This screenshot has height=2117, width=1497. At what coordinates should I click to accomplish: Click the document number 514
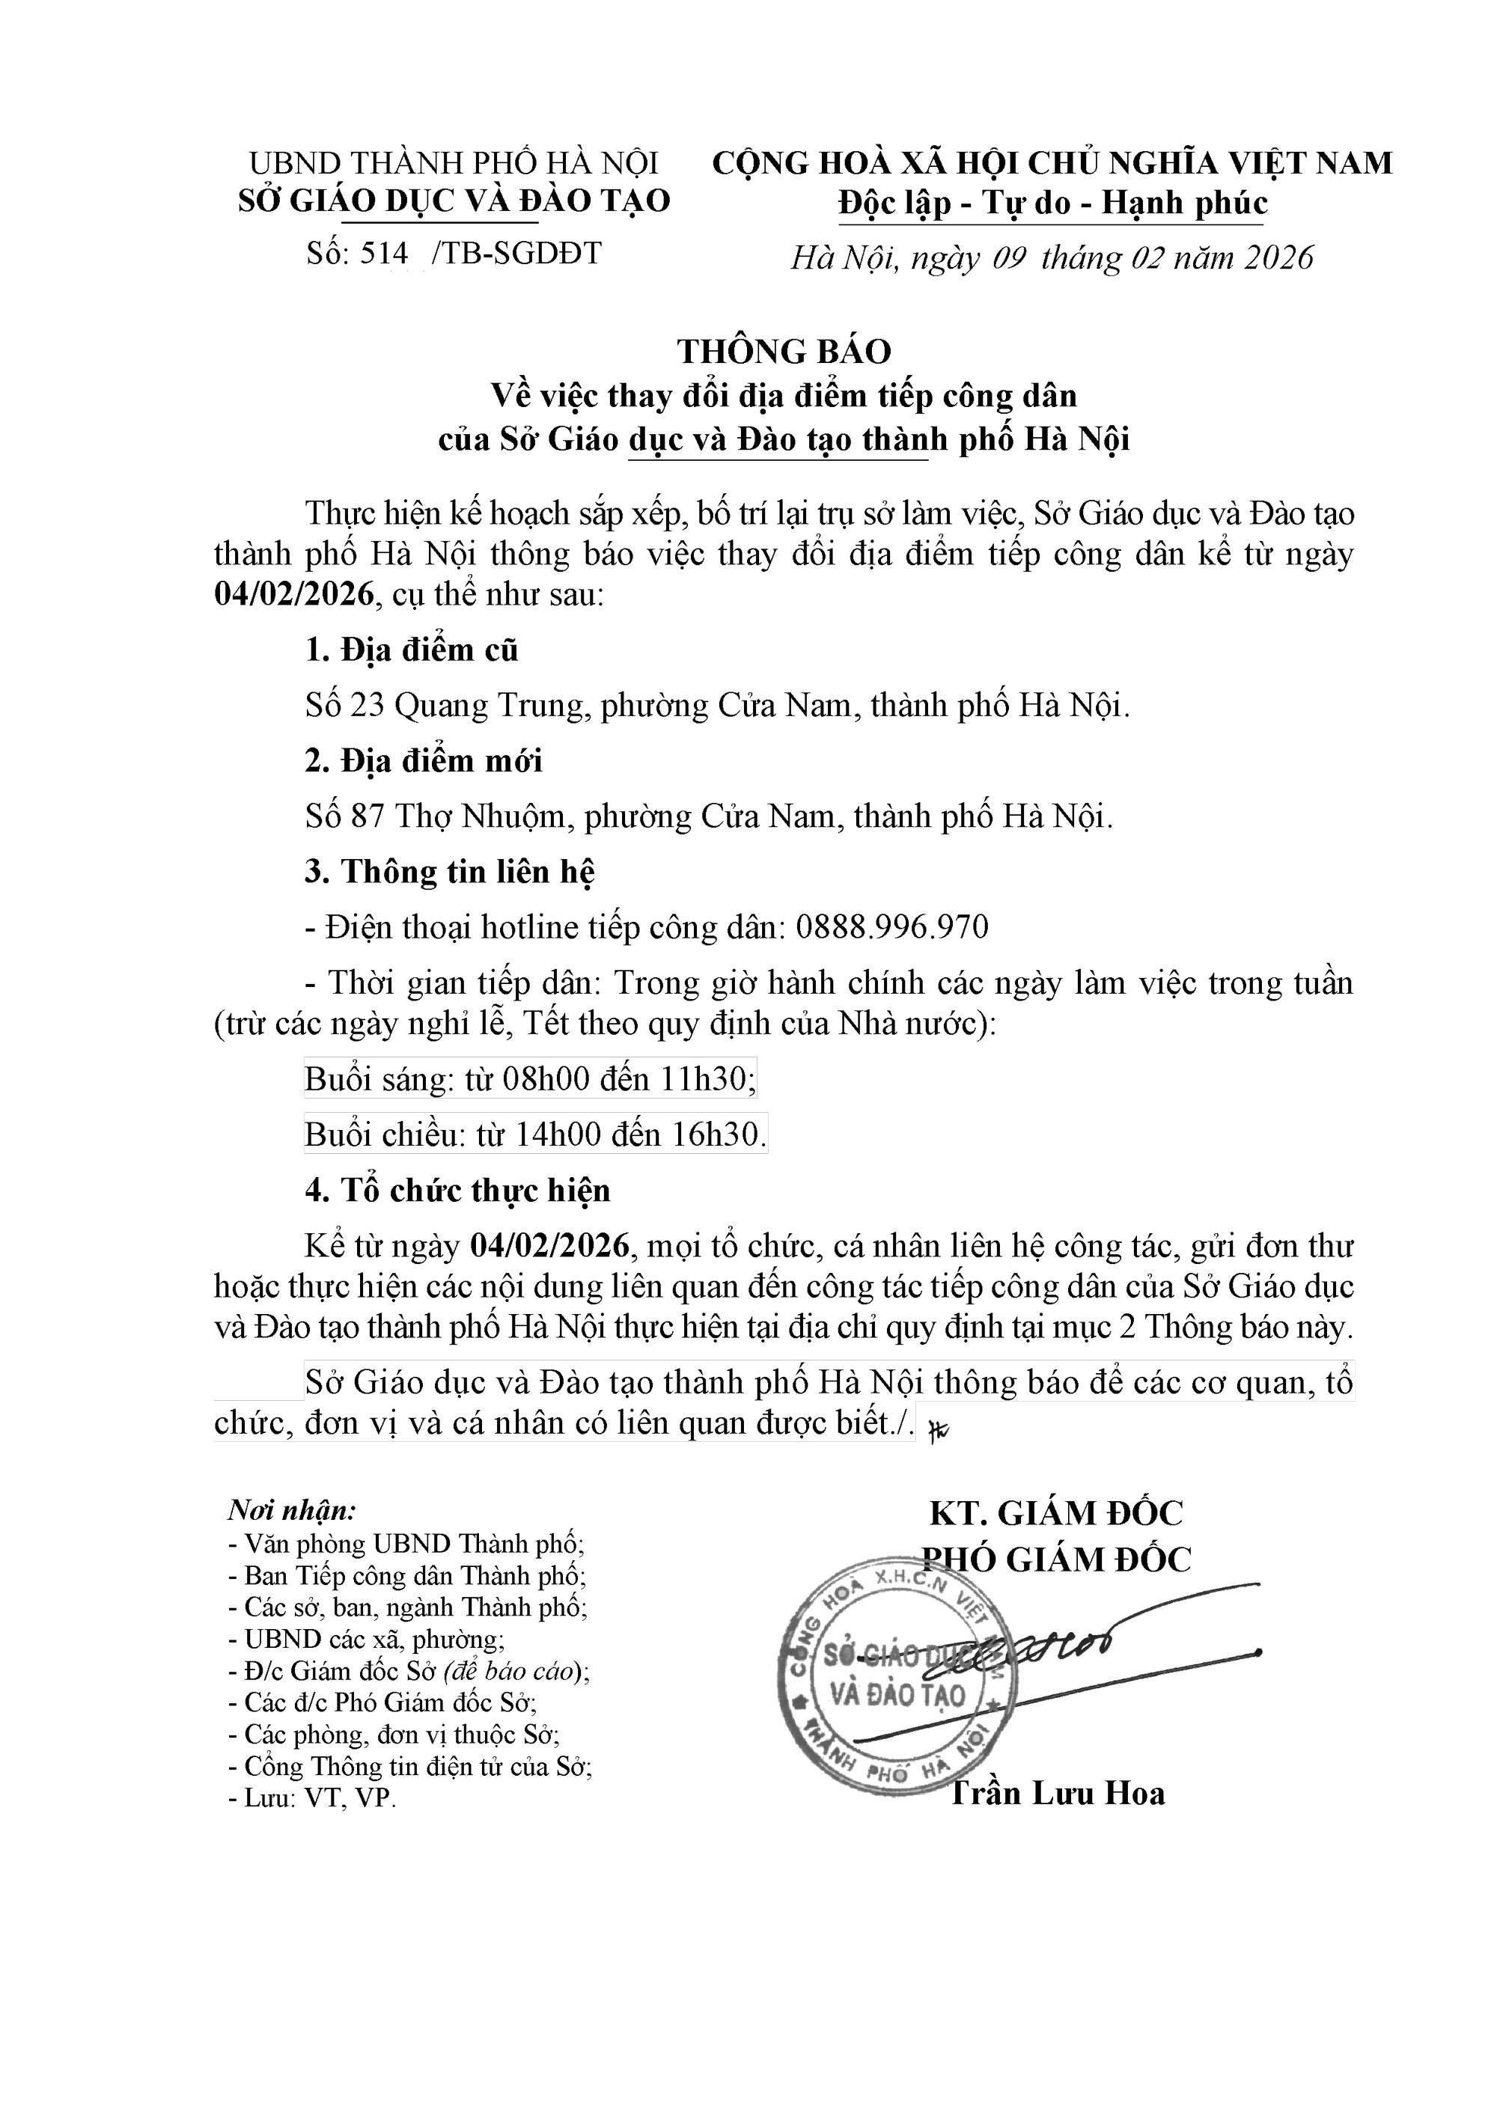385,253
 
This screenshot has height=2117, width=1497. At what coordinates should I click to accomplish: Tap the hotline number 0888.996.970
891,926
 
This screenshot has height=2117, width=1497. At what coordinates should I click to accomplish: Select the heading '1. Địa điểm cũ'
412,651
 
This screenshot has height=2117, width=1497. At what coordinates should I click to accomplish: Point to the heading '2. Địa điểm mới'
424,762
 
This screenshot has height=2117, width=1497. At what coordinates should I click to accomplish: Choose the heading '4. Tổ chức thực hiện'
457,1191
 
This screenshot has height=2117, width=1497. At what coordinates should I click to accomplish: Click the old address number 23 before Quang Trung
367,706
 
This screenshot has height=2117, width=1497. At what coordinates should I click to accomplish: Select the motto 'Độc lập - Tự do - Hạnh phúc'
1052,203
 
